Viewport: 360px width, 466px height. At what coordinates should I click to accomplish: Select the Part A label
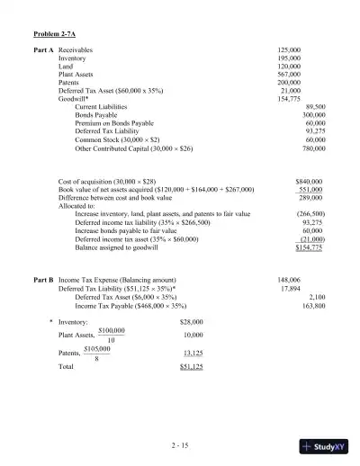44,49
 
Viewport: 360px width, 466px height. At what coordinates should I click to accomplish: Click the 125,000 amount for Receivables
289,49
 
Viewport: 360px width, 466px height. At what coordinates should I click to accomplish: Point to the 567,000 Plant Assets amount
289,74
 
